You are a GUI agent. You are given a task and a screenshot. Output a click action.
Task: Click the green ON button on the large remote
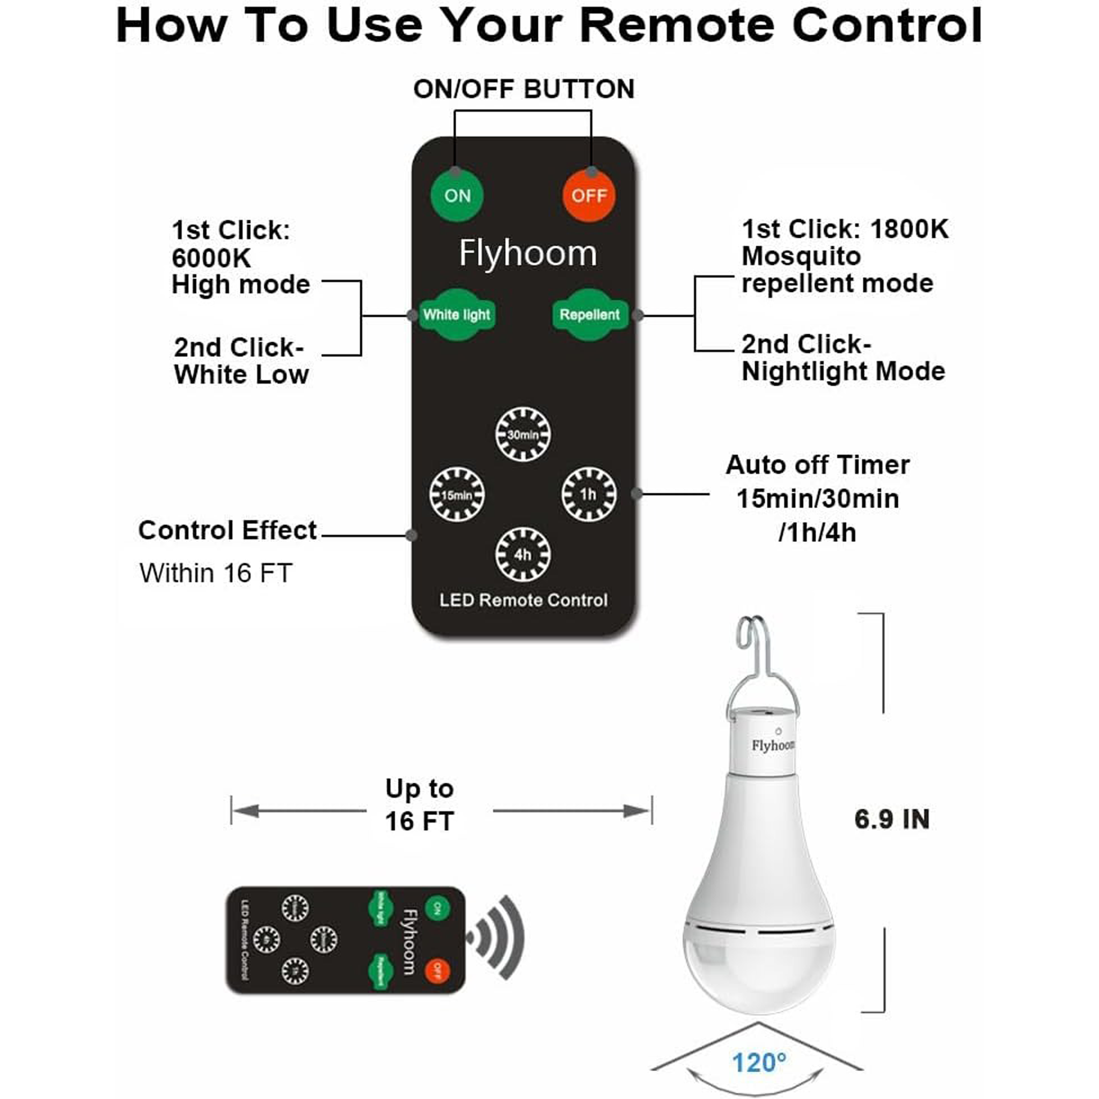point(457,196)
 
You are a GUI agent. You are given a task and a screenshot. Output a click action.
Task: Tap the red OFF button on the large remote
point(589,196)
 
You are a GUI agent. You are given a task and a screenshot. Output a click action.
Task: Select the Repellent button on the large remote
point(590,314)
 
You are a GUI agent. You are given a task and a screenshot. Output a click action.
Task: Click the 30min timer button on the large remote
point(522,435)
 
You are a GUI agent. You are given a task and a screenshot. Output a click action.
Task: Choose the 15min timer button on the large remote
point(457,495)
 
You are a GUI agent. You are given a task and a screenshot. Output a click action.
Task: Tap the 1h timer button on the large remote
point(589,494)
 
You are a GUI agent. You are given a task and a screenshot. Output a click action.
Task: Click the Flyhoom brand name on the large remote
point(528,253)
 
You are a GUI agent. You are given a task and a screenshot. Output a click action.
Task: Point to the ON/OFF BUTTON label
point(523,89)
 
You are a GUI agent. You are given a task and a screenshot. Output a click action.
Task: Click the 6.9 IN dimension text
point(891,819)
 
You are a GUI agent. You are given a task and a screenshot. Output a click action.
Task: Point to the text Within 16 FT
point(216,573)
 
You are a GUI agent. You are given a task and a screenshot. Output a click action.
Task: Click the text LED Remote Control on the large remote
point(523,600)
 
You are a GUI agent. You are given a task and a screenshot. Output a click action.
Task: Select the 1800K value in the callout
point(909,229)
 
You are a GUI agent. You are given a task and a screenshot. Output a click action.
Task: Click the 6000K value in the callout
point(211,258)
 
